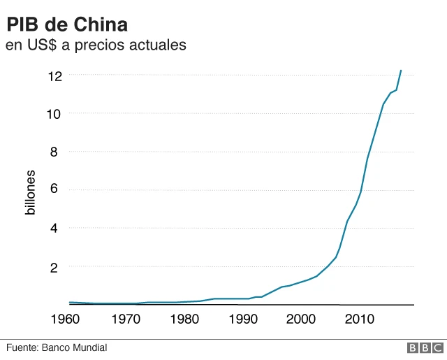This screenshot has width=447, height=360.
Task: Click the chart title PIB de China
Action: [67, 25]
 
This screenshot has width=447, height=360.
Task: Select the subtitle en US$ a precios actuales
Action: [96, 45]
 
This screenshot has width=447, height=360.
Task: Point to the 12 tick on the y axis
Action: [54, 75]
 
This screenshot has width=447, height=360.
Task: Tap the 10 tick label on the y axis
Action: [54, 113]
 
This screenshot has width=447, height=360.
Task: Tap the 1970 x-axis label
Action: [126, 319]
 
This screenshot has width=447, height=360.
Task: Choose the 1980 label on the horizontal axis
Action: [184, 319]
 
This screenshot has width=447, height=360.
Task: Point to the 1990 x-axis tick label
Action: [243, 319]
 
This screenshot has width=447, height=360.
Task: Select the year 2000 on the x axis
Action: [302, 319]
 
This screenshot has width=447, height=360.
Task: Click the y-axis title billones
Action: [30, 191]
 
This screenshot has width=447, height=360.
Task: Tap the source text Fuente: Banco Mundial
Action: [57, 347]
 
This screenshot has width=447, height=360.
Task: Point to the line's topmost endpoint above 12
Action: [401, 70]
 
